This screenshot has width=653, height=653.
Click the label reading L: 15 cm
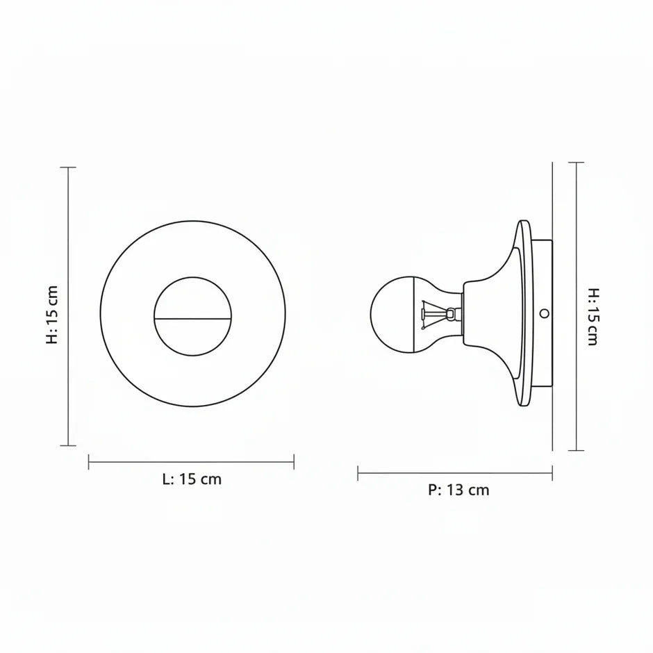(192, 479)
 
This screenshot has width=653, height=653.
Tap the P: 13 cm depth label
(458, 490)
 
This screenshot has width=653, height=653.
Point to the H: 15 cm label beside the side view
(593, 317)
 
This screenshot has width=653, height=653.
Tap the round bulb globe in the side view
(392, 313)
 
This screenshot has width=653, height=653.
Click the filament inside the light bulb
(433, 313)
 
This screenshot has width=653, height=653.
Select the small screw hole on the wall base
(544, 313)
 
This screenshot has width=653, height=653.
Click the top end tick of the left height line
(68, 167)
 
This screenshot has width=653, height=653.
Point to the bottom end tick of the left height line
(68, 445)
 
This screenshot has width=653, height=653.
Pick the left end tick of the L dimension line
(89, 461)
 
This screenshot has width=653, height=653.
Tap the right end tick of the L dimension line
(294, 461)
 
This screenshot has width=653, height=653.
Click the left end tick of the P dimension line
(358, 473)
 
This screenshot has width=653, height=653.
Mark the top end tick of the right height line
(576, 163)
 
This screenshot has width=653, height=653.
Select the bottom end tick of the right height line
(576, 450)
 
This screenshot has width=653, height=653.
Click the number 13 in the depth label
(455, 490)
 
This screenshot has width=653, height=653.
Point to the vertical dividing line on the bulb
(413, 313)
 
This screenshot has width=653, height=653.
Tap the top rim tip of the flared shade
(523, 223)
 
